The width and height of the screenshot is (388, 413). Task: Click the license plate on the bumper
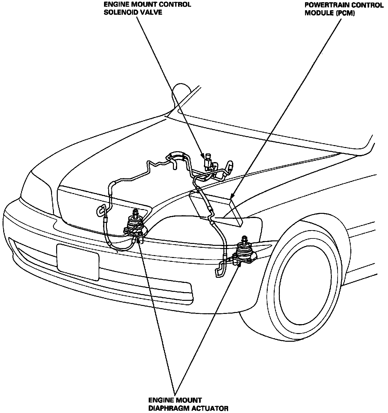[x=78, y=261]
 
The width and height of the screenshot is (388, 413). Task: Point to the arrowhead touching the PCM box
[x=232, y=195]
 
